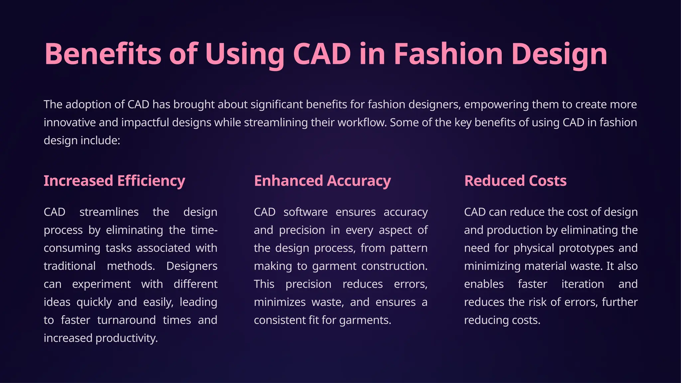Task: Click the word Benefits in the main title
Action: click(x=103, y=54)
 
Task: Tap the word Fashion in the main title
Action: click(x=448, y=54)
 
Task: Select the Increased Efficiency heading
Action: click(x=114, y=181)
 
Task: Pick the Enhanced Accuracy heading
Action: click(x=322, y=181)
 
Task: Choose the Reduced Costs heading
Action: click(x=515, y=181)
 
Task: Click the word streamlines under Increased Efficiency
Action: click(x=109, y=212)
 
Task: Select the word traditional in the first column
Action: click(x=69, y=266)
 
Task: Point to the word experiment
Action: click(x=101, y=284)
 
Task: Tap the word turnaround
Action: click(x=126, y=320)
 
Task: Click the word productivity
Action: click(x=126, y=338)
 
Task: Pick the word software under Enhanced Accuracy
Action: click(x=305, y=212)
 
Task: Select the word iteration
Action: click(x=583, y=284)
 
